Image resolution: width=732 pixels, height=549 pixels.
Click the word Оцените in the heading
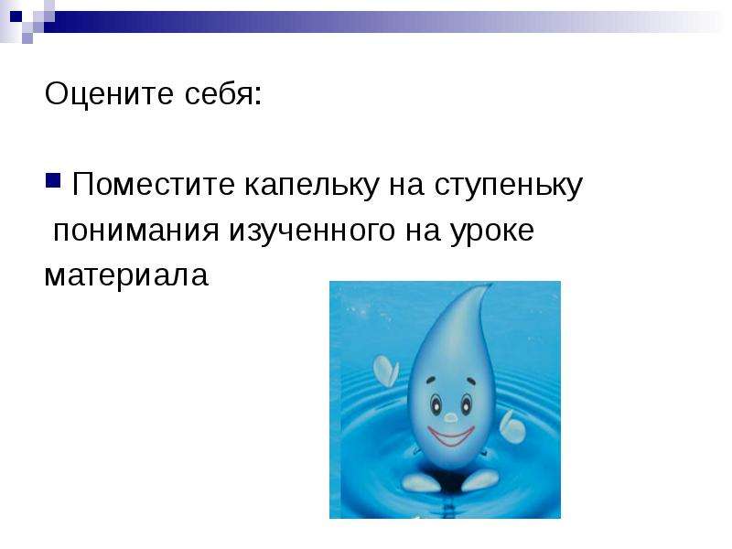click(x=109, y=93)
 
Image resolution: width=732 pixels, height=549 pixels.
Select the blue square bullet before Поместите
click(x=53, y=180)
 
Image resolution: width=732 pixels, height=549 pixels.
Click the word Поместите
click(x=154, y=184)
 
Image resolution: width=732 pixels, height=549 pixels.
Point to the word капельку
click(x=311, y=185)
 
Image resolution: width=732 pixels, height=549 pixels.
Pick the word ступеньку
click(x=509, y=187)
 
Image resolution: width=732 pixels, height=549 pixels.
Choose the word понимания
click(x=135, y=231)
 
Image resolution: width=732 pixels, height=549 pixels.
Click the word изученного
click(x=312, y=231)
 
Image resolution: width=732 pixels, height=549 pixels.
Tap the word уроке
click(x=492, y=231)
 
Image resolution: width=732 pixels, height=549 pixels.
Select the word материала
click(x=126, y=275)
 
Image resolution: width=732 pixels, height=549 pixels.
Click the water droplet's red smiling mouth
click(x=451, y=436)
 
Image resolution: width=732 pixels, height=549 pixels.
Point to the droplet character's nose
click(x=450, y=417)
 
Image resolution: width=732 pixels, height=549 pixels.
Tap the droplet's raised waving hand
click(x=385, y=371)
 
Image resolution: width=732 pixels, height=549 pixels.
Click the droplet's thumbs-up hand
click(x=512, y=426)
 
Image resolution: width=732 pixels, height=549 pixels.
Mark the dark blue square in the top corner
click(x=16, y=16)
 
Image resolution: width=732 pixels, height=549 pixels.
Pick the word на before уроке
click(x=423, y=231)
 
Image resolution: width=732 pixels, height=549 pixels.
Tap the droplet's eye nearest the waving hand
click(x=436, y=404)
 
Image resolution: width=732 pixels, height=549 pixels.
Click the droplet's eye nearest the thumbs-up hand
click(x=467, y=404)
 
